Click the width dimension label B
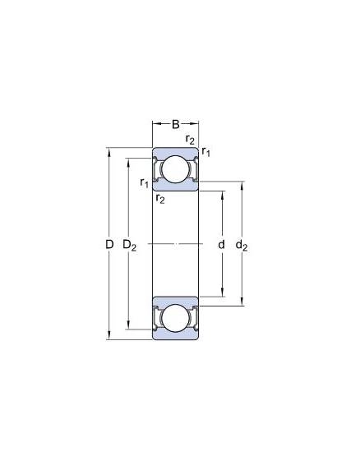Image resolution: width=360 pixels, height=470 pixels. click(176, 124)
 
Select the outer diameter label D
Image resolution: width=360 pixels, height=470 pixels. click(109, 245)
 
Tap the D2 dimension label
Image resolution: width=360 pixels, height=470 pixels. click(130, 246)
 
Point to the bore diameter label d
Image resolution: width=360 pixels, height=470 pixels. click(221, 245)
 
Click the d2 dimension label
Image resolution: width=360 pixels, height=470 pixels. click(242, 246)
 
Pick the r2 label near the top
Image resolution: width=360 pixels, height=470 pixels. click(190, 140)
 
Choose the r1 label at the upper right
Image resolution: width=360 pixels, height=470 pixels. click(206, 151)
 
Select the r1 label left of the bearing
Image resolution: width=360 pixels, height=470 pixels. click(145, 182)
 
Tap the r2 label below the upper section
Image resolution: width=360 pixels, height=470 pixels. click(160, 198)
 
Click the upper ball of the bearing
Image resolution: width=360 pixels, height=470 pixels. click(176, 169)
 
